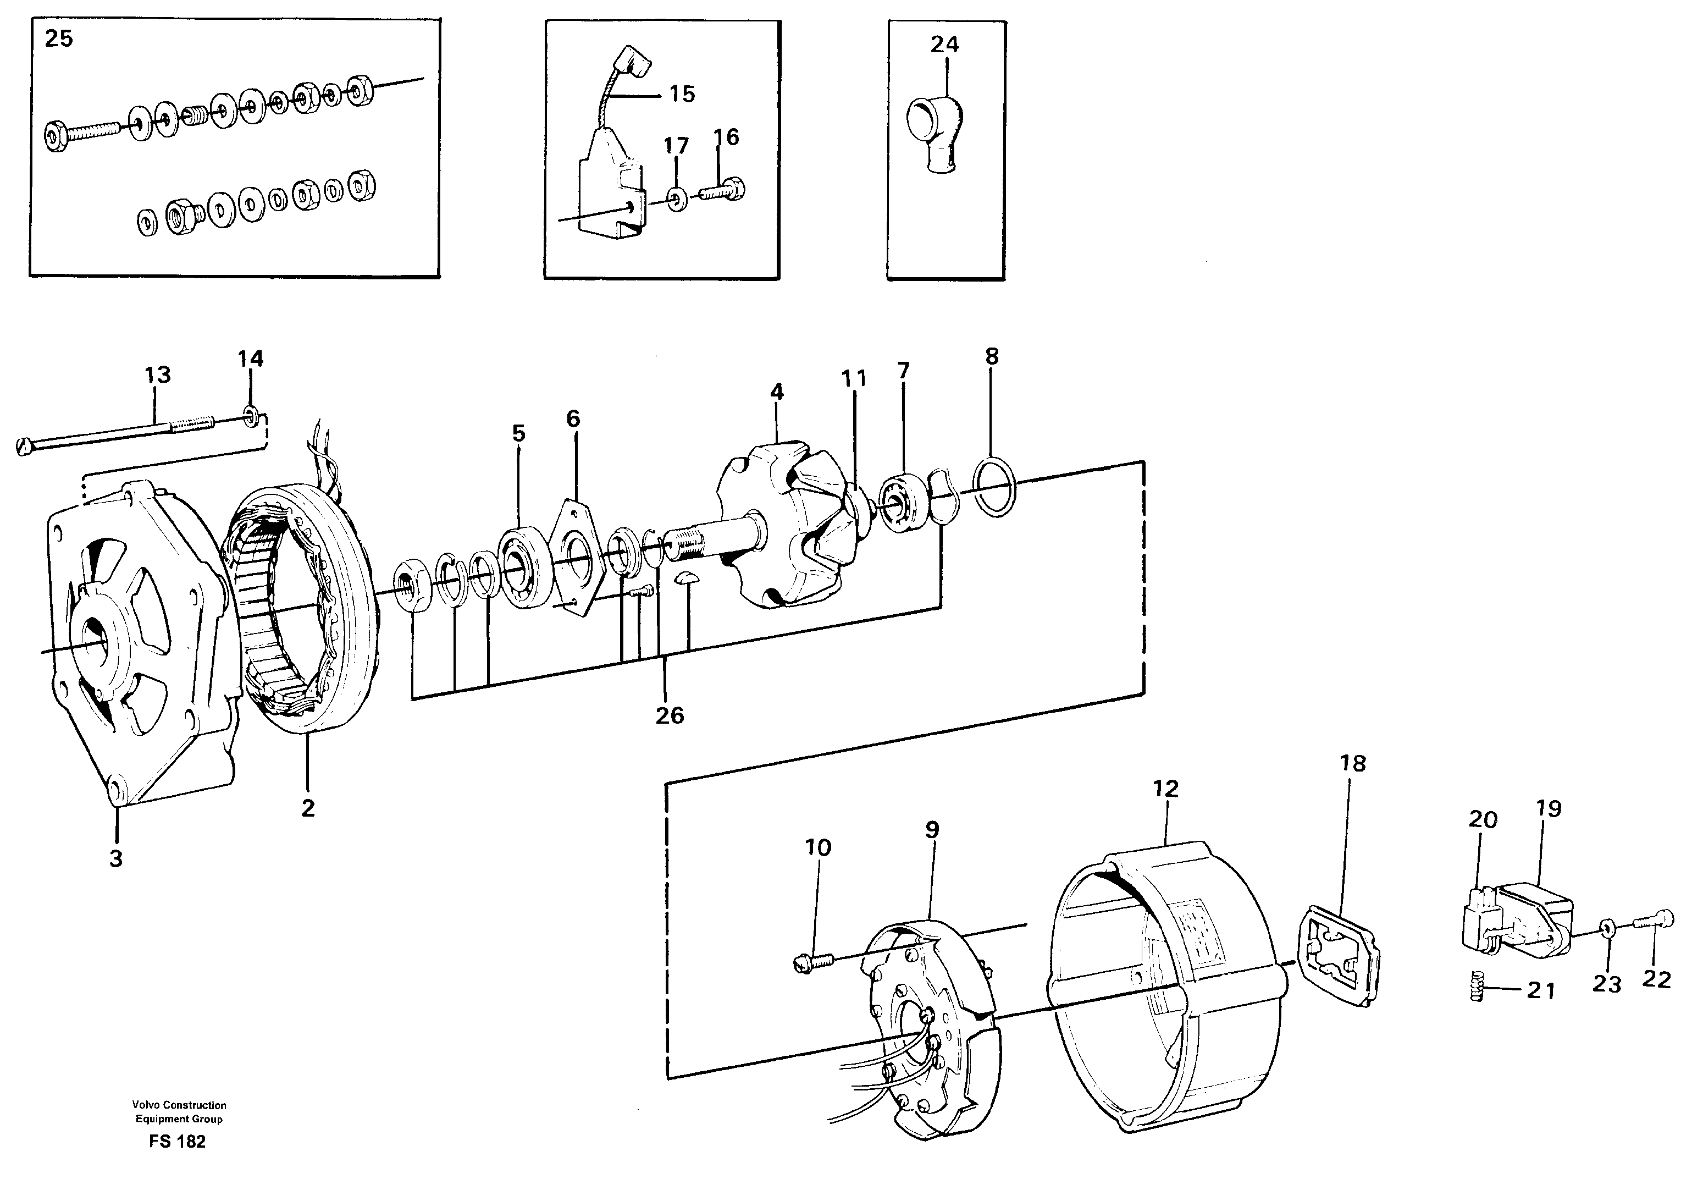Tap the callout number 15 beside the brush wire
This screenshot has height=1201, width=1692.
coord(682,94)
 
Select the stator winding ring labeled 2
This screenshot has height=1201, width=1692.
coord(303,607)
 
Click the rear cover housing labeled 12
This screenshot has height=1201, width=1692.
coord(1160,991)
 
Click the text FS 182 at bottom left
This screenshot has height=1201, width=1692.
coord(178,1141)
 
